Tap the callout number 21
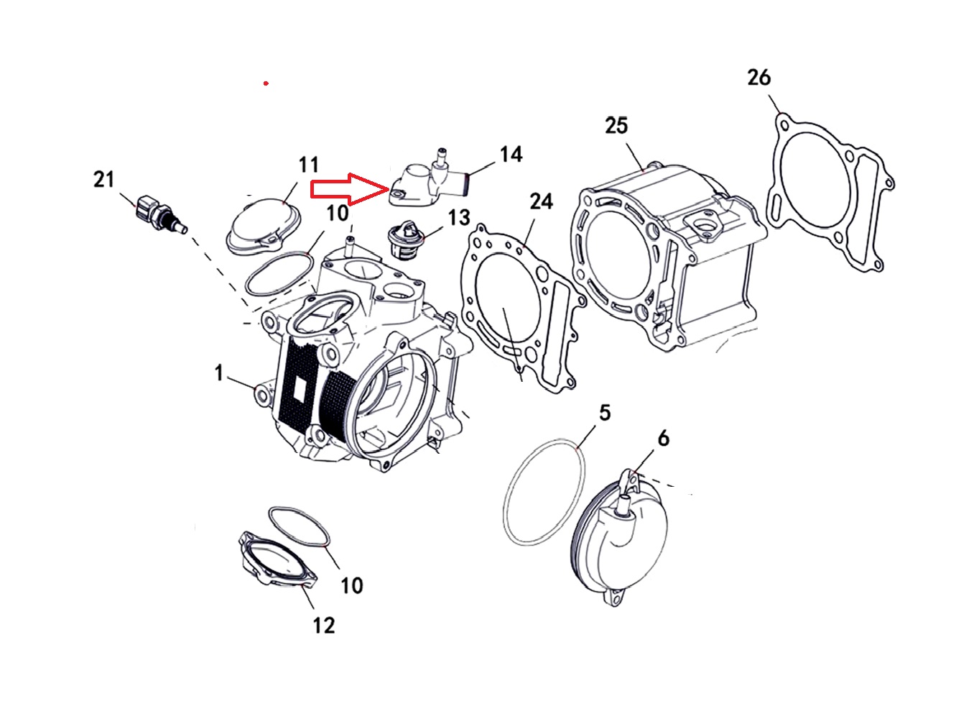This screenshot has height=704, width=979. click(104, 179)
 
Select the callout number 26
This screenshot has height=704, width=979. click(758, 78)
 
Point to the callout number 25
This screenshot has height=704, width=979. click(616, 126)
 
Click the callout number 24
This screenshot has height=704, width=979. click(541, 201)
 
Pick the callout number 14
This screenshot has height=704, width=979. click(511, 155)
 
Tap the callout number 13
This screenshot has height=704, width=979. click(459, 217)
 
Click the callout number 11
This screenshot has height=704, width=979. click(308, 165)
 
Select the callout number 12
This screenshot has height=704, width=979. click(324, 625)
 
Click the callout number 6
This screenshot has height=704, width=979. click(663, 438)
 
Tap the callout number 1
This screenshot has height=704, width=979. click(219, 372)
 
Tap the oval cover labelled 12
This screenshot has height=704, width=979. click(277, 560)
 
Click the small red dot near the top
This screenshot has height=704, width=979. click(266, 83)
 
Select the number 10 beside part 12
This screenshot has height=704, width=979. click(351, 585)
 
